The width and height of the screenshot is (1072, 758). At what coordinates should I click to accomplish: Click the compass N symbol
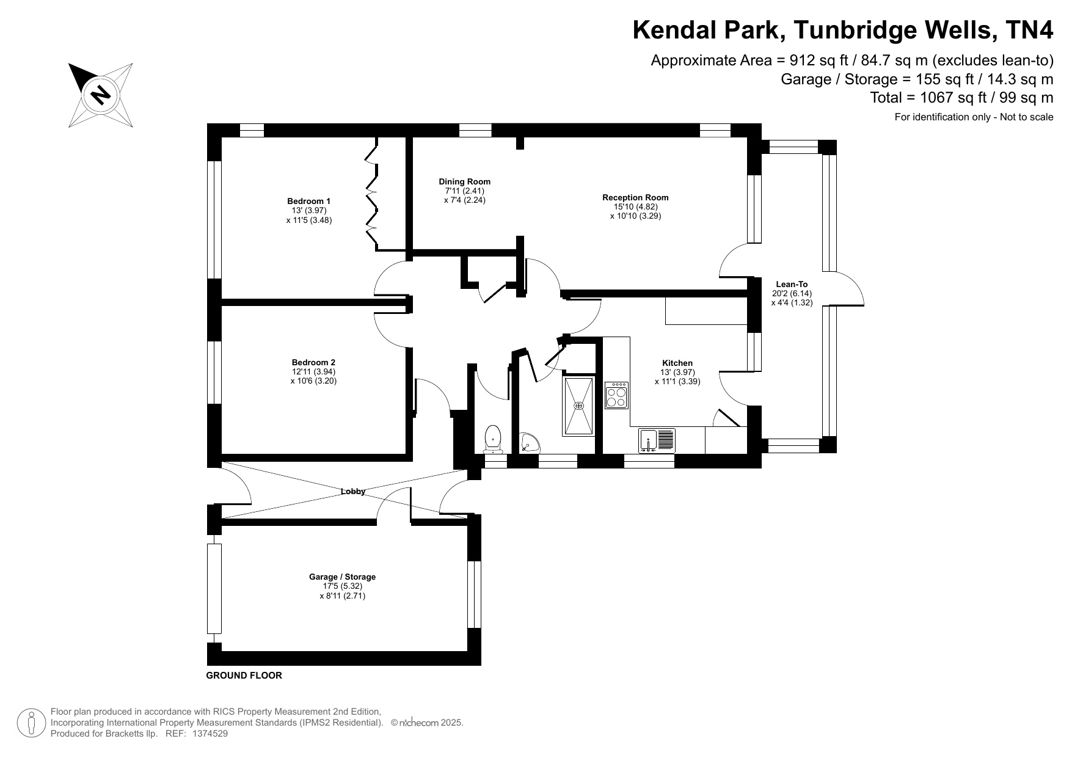click(100, 95)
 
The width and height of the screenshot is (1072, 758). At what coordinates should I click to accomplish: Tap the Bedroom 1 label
click(308, 201)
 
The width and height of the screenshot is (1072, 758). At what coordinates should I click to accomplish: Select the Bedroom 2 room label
click(313, 362)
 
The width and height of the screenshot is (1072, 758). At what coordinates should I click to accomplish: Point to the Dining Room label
click(464, 181)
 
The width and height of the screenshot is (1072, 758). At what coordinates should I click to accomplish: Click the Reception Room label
click(635, 197)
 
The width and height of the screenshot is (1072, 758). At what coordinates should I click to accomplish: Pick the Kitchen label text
click(677, 363)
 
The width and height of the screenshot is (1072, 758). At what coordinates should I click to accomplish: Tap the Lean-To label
click(792, 284)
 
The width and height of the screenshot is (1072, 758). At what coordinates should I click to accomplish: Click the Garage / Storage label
click(342, 577)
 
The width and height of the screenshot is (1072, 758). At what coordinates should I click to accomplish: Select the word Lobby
click(353, 491)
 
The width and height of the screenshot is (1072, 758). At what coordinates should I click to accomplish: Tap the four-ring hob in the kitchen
click(617, 395)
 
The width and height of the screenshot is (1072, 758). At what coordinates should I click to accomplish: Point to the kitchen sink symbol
click(657, 440)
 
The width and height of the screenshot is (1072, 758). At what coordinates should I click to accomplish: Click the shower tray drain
click(578, 406)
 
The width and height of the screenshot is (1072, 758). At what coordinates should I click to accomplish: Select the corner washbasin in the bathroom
click(529, 443)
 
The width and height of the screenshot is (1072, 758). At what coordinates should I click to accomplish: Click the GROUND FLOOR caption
click(244, 676)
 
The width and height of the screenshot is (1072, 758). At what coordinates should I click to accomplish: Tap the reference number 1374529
click(210, 734)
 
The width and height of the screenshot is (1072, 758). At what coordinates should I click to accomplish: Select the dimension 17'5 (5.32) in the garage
click(342, 586)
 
